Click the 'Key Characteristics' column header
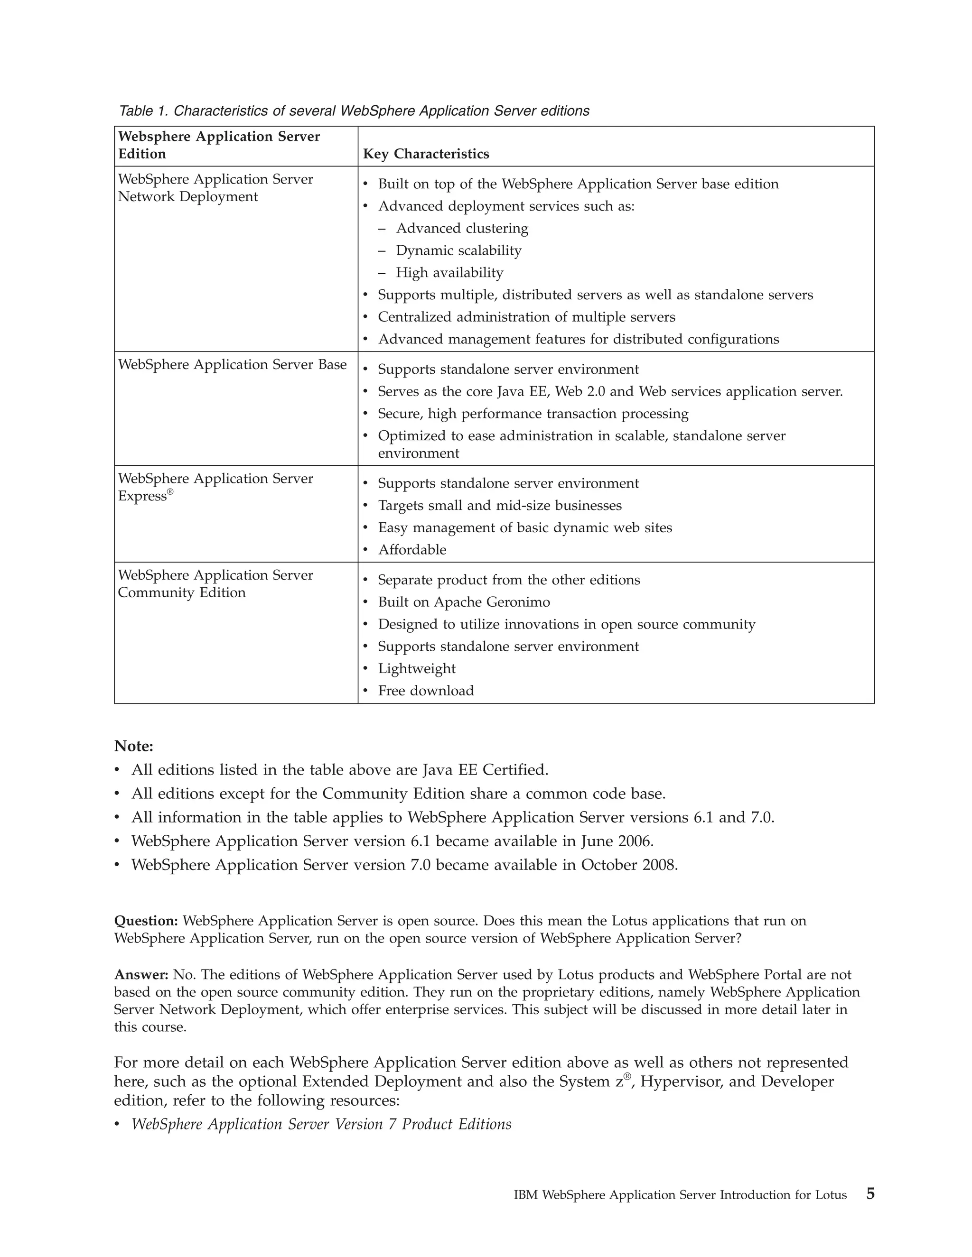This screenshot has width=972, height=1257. click(426, 154)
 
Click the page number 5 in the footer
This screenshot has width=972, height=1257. click(870, 1194)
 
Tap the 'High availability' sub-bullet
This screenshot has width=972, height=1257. click(449, 272)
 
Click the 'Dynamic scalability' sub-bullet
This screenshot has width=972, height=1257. click(458, 250)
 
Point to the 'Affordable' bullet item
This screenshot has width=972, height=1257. click(411, 550)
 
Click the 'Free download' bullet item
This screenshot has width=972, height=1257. click(426, 691)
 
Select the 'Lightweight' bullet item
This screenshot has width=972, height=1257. click(416, 668)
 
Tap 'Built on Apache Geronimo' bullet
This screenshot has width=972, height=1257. click(464, 602)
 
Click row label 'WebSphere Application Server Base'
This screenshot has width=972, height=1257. click(232, 364)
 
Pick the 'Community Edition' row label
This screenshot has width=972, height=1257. click(181, 592)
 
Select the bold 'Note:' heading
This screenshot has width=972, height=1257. click(133, 746)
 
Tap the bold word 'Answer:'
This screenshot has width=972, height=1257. click(141, 974)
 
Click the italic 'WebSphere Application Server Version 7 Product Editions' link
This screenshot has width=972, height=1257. click(321, 1124)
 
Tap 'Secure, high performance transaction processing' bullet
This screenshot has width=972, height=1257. click(533, 414)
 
